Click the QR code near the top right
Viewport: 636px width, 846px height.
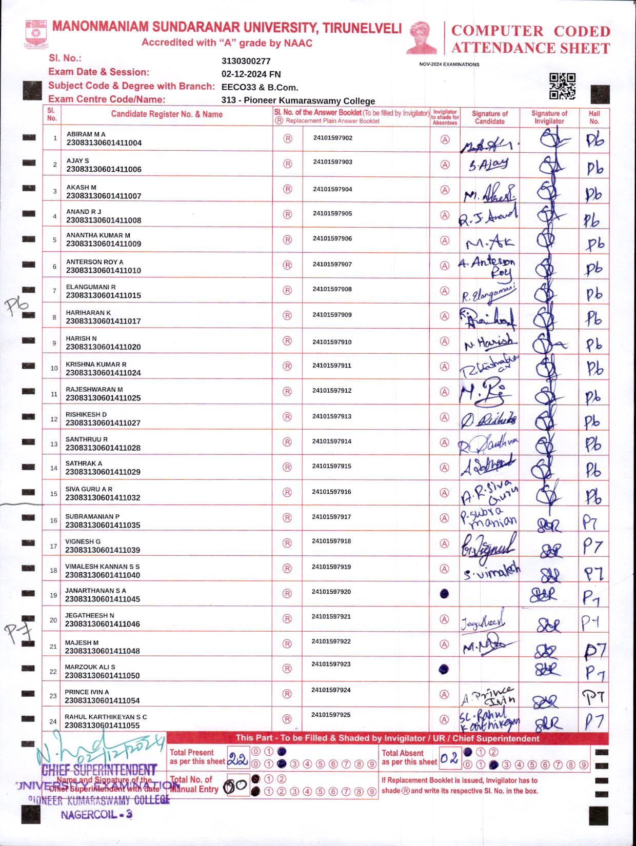[x=562, y=86]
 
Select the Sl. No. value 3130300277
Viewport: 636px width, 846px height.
[x=246, y=61]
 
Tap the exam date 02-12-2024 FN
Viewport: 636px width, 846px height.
[x=251, y=74]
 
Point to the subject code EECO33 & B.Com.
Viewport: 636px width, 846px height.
[x=260, y=88]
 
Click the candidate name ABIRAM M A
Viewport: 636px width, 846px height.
[x=86, y=134]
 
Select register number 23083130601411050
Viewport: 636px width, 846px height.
[x=102, y=676]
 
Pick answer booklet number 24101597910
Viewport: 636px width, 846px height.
[x=332, y=342]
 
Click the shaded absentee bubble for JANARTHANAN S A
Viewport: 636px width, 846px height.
[x=445, y=594]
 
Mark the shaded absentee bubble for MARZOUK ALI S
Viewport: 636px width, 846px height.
[x=444, y=669]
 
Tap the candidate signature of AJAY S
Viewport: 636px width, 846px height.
[x=488, y=164]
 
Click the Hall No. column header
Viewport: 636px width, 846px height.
[x=594, y=117]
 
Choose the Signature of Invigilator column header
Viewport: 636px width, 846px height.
[x=549, y=117]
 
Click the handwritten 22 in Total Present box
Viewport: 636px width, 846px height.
[x=237, y=759]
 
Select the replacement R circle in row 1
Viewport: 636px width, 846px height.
[x=288, y=138]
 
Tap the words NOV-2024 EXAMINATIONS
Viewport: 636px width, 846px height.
[x=449, y=65]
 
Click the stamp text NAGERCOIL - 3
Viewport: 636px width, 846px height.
[x=96, y=815]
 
